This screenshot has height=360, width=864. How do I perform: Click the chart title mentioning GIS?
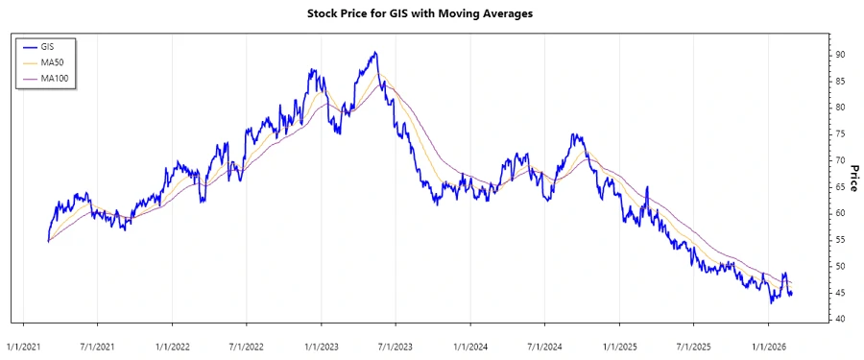432,14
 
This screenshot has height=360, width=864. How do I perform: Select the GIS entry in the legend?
48,46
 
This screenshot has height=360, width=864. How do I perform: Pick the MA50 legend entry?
52,61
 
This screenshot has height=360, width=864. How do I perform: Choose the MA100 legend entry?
54,77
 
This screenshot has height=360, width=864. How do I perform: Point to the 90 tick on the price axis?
839,55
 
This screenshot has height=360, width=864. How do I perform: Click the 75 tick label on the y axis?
839,134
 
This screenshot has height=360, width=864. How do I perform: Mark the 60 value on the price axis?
839,213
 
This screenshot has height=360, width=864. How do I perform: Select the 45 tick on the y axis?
839,293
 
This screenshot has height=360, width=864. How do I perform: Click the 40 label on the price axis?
839,319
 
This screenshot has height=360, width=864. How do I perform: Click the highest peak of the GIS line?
375,53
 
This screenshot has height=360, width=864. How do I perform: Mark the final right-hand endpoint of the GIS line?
791,294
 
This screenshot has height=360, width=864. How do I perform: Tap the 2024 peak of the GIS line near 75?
573,135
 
